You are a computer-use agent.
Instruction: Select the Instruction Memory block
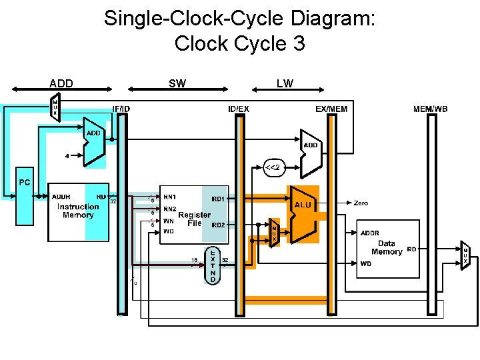[x=79, y=211]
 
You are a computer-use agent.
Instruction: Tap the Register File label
[x=194, y=219]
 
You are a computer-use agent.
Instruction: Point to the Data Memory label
[x=387, y=247]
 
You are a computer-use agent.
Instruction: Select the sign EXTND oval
[x=213, y=267]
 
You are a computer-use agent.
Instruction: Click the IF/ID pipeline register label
[x=121, y=108]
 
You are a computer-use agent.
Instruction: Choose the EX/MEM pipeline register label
[x=331, y=108]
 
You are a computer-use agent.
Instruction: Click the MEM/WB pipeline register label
[x=430, y=108]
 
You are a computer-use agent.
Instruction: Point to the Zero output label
[x=361, y=203]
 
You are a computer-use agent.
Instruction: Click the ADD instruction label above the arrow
[x=61, y=83]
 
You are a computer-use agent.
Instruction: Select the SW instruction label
[x=177, y=83]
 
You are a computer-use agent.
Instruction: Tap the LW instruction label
[x=285, y=83]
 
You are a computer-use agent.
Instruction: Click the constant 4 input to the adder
[x=67, y=156]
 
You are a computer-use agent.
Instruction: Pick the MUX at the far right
[x=465, y=256]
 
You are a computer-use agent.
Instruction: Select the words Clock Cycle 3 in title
[x=240, y=44]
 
